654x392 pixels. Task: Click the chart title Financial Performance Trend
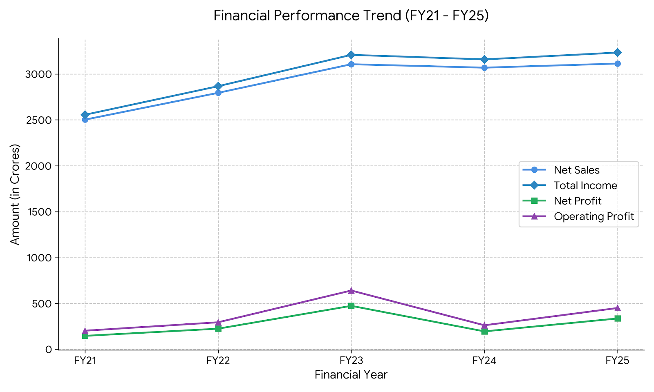[351, 16]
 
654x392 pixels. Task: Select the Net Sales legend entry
[576, 170]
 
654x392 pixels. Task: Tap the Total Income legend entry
[585, 185]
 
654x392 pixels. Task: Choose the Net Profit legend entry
[578, 201]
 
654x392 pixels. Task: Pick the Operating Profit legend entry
[594, 216]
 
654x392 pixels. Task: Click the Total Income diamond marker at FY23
[351, 55]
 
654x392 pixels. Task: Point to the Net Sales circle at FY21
[85, 120]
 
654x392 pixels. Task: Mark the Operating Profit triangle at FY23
[351, 290]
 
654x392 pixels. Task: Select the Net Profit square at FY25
[618, 318]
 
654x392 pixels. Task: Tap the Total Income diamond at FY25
[618, 52]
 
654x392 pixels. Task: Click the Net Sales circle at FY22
[218, 93]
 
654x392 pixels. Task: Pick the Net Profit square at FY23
[351, 306]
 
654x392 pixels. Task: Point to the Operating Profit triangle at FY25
[618, 308]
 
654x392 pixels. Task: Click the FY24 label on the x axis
[484, 361]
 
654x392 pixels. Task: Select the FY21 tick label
[85, 361]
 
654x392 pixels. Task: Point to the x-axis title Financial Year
[351, 375]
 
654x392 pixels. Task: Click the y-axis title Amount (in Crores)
[15, 194]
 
